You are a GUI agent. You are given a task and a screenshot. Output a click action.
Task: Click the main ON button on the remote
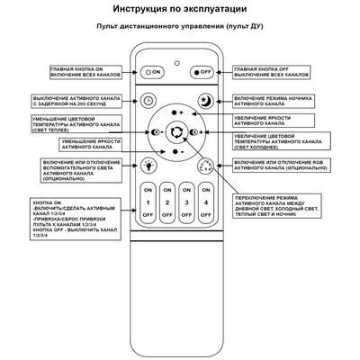coord(154,70)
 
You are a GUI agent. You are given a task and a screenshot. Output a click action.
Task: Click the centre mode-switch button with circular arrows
coord(176,132)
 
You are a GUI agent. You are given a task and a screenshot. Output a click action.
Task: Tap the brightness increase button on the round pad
coord(176,112)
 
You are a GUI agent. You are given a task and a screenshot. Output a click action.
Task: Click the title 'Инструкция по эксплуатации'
coord(179,9)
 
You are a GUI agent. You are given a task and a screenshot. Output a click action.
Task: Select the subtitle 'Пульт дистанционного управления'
coord(179,27)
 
